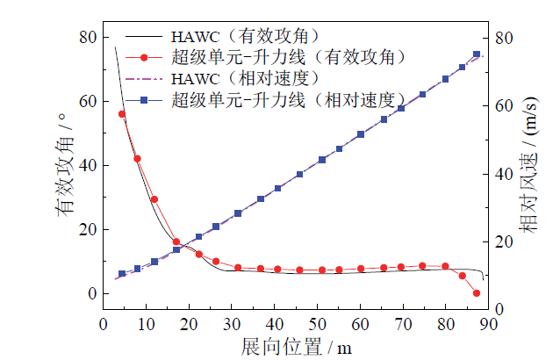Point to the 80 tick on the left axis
88,37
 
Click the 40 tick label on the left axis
88,165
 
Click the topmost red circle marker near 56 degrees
122,114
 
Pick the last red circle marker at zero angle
477,293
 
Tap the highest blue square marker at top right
477,54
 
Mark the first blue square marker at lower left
122,274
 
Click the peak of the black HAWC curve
115,47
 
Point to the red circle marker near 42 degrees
137,158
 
